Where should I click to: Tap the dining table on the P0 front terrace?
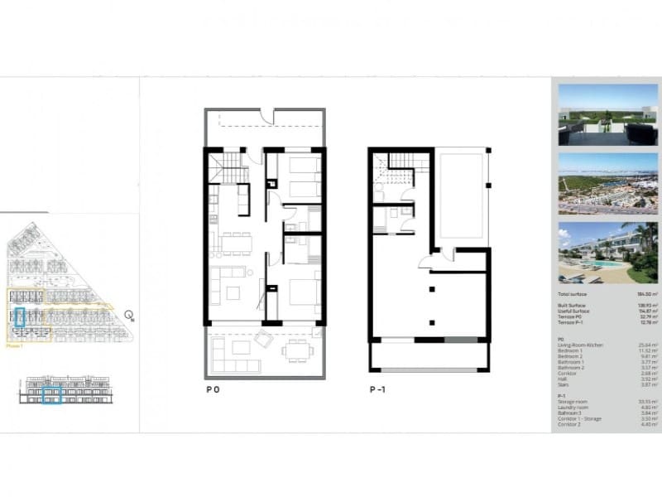click(x=297, y=350)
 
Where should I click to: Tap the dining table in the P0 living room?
click(x=236, y=243)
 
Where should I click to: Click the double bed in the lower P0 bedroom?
click(x=304, y=294)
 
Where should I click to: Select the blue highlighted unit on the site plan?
click(x=20, y=316)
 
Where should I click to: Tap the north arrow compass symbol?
click(x=129, y=315)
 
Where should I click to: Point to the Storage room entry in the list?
click(x=573, y=401)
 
